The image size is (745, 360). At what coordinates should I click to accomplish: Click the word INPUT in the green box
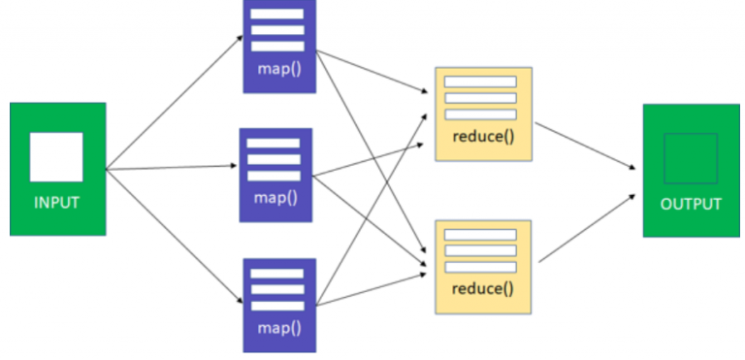tap(56, 203)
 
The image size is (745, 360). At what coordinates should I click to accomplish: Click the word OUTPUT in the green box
tap(691, 204)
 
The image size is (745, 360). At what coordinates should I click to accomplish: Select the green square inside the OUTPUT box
tap(691, 158)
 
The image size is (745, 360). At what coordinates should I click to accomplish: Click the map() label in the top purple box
tap(278, 69)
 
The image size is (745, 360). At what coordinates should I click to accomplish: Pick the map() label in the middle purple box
tap(275, 197)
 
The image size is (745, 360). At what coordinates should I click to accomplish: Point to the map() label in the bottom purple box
tap(278, 327)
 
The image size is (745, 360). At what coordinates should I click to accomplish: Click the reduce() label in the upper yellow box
tap(483, 135)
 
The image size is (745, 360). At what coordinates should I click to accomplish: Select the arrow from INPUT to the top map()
tap(175, 102)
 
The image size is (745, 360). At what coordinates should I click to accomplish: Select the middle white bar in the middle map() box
tap(275, 159)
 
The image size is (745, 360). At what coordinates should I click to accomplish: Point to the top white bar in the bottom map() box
tap(278, 275)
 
